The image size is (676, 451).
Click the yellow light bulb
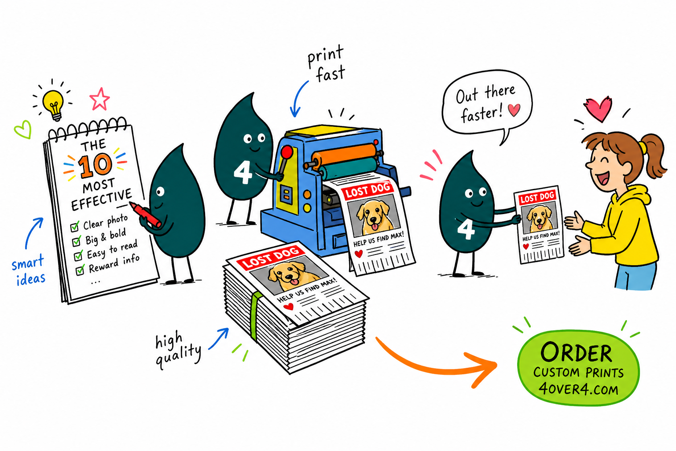coord(53,104)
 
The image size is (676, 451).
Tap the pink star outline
coord(99,99)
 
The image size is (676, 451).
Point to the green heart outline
coord(23,129)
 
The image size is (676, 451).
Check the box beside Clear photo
coord(74,226)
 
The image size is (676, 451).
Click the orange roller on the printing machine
coord(344,155)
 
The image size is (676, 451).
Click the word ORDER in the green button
coord(576,352)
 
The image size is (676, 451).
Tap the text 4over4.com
coord(578,389)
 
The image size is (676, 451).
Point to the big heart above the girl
coord(598,108)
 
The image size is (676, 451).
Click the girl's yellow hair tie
coord(642,147)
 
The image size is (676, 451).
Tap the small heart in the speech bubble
coord(514,110)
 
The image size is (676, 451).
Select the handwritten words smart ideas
coord(29,270)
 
